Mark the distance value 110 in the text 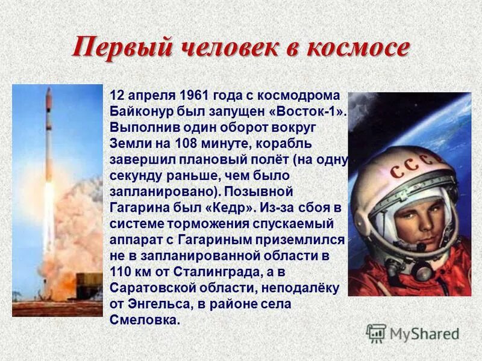[120, 271]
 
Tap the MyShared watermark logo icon [376, 333]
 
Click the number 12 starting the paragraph [117, 97]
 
